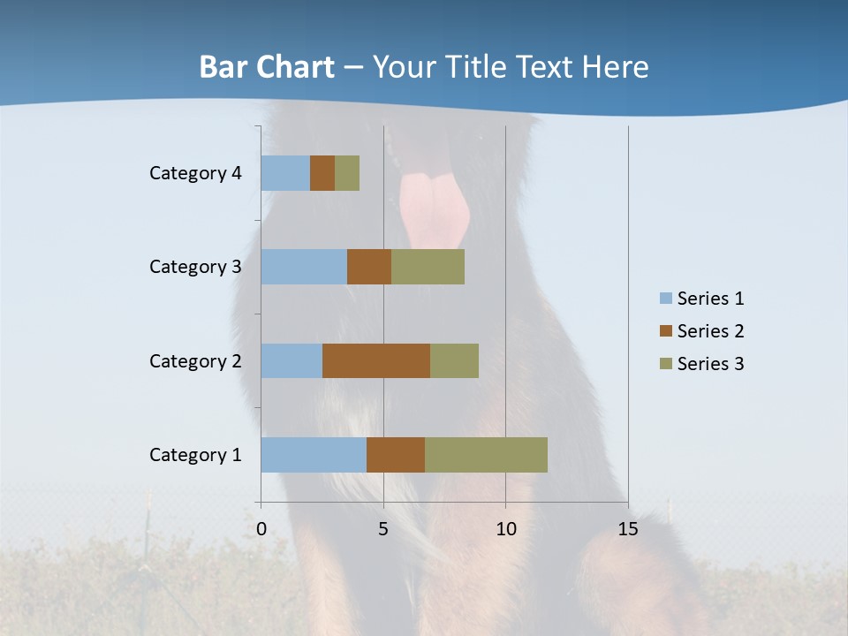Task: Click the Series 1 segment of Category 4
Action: pos(285,173)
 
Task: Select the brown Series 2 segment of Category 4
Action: pos(322,173)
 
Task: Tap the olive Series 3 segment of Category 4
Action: pos(347,173)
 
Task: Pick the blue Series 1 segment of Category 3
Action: pos(304,267)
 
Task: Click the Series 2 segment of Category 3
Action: pos(369,267)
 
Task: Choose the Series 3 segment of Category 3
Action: pos(428,267)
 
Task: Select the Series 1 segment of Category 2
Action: pos(291,360)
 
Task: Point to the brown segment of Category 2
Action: pos(376,360)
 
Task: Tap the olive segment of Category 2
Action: pos(454,360)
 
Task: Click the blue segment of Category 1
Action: pos(314,455)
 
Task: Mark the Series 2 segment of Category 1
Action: pos(396,455)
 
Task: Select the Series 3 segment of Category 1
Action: pos(486,455)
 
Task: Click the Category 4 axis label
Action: pos(195,173)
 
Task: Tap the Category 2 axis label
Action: pos(195,360)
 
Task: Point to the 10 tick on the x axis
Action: pos(505,529)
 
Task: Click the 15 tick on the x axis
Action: pos(628,529)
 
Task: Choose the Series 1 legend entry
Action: pos(701,299)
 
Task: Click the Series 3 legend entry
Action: pos(701,364)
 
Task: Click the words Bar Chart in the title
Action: pos(267,67)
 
